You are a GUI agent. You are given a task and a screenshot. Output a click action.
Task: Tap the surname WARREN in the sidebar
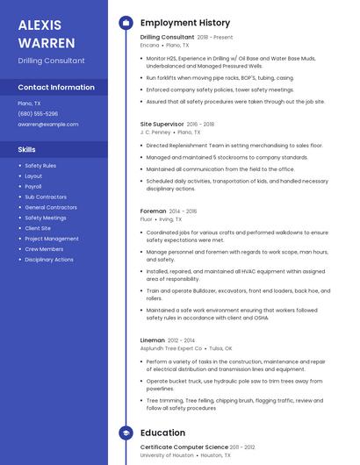pyautogui.click(x=40, y=41)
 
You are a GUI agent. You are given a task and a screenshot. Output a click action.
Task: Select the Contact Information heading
pyautogui.click(x=56, y=88)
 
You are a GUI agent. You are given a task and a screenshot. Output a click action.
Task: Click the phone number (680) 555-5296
pyautogui.click(x=38, y=113)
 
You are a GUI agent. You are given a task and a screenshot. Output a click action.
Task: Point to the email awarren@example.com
pyautogui.click(x=48, y=124)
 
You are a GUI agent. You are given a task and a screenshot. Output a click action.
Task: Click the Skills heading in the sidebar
pyautogui.click(x=27, y=150)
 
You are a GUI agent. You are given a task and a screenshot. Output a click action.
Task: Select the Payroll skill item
pyautogui.click(x=33, y=186)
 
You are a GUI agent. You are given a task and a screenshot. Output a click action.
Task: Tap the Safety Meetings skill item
pyautogui.click(x=46, y=218)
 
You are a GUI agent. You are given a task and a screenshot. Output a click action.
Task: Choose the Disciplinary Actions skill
pyautogui.click(x=49, y=260)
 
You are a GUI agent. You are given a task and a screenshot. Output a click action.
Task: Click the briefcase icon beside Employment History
pyautogui.click(x=126, y=23)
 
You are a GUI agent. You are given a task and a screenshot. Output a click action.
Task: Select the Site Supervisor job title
pyautogui.click(x=162, y=125)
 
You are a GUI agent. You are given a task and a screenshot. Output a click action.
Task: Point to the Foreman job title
pyautogui.click(x=153, y=211)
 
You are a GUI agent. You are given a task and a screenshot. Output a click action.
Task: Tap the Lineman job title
pyautogui.click(x=153, y=340)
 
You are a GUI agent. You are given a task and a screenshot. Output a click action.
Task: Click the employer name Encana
pyautogui.click(x=150, y=45)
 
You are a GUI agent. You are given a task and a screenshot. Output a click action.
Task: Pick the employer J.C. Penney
pyautogui.click(x=155, y=132)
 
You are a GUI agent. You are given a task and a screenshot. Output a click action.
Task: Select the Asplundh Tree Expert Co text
pyautogui.click(x=171, y=347)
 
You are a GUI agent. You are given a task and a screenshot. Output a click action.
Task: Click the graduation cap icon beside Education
pyautogui.click(x=126, y=433)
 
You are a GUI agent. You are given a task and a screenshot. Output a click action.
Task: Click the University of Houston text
pyautogui.click(x=168, y=455)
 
